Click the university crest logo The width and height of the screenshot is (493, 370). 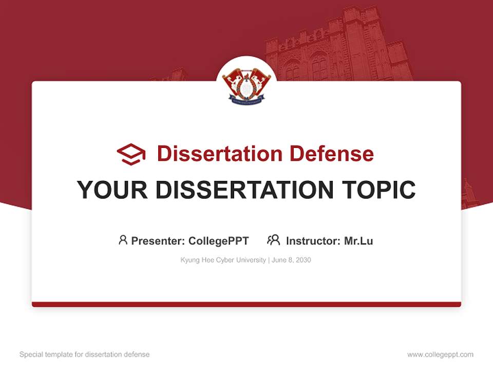click(x=246, y=85)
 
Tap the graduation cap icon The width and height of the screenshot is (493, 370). click(x=131, y=154)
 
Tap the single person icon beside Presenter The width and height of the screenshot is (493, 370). click(x=123, y=240)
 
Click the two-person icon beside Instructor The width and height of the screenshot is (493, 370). click(x=273, y=240)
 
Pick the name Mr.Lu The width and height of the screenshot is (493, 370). click(x=358, y=240)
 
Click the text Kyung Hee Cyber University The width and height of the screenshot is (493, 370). click(x=223, y=260)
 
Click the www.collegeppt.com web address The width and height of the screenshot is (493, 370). click(x=440, y=355)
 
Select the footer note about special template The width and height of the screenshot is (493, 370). click(x=84, y=355)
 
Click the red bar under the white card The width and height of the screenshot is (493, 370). click(x=246, y=304)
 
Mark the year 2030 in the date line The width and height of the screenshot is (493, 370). click(x=303, y=260)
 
